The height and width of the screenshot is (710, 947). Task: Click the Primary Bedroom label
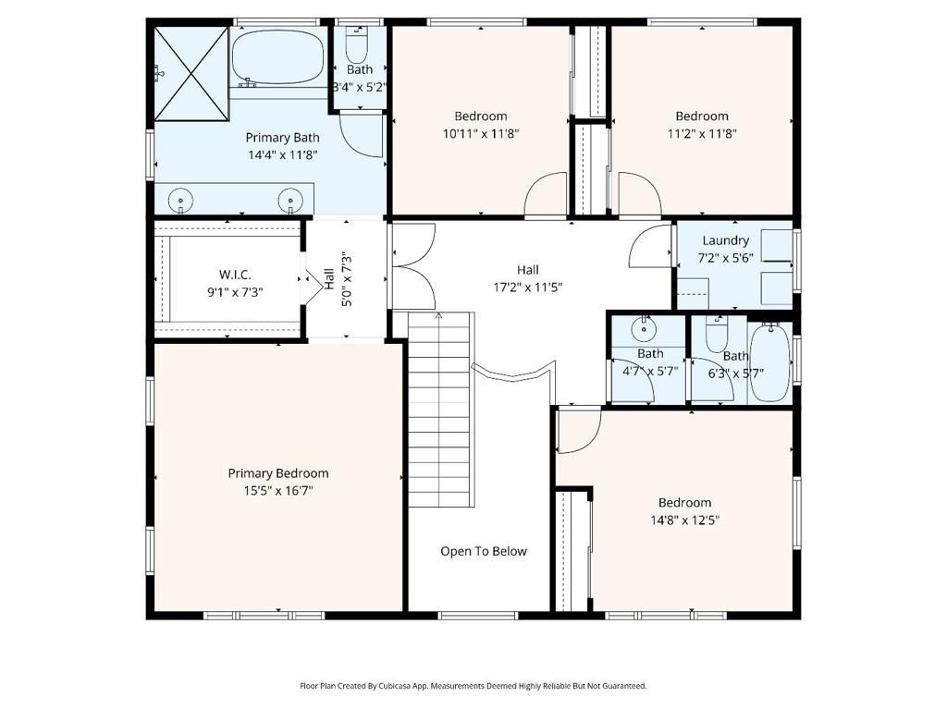point(278,473)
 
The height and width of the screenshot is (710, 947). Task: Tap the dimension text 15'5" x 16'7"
point(278,491)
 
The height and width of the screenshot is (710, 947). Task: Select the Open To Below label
point(483,551)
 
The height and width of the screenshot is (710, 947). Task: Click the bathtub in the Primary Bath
point(277,58)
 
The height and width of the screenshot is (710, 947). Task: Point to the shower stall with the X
point(191,73)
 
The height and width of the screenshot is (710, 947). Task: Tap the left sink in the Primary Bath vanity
point(182,198)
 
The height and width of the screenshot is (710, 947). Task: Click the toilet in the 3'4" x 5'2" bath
point(357,43)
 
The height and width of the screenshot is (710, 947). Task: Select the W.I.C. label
point(235,275)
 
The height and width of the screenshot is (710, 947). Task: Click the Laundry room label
point(725,240)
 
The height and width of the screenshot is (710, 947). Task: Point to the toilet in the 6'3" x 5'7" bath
point(717,335)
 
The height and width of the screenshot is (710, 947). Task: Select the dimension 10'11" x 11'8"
point(481,133)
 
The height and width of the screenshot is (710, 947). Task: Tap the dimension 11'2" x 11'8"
point(701,133)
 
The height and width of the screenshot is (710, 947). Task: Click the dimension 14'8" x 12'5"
point(684,520)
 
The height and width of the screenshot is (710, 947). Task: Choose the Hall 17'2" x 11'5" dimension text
point(528,287)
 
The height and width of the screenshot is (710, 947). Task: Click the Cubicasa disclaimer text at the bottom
point(473,686)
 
